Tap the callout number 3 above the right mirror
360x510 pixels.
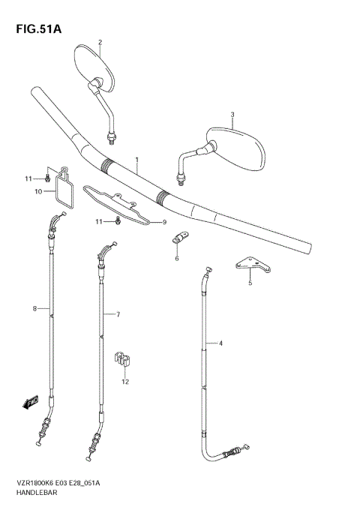(x=232, y=115)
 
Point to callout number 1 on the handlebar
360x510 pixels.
(x=137, y=160)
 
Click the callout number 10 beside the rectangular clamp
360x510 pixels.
(x=37, y=192)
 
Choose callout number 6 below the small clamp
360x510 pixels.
(x=177, y=259)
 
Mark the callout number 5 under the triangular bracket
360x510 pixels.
(x=250, y=283)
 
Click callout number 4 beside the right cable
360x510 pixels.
(x=220, y=343)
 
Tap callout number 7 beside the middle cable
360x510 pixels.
(x=118, y=314)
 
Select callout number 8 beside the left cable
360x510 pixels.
(x=34, y=308)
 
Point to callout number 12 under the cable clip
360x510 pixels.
(x=125, y=381)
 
